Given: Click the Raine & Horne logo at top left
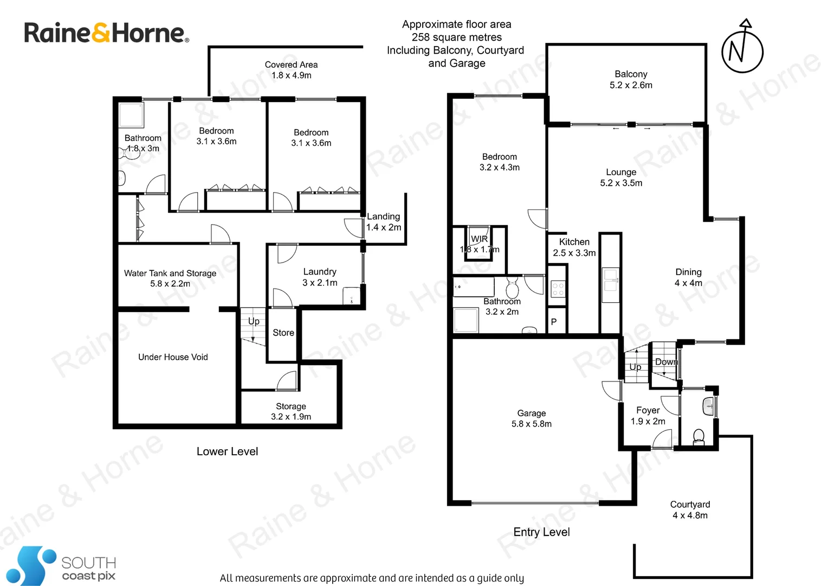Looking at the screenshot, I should point(106,33).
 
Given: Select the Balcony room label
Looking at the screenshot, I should point(631,79).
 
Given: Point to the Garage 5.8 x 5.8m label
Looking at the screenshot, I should point(531,418).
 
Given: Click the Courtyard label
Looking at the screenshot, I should point(690,509).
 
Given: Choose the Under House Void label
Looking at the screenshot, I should point(173,357).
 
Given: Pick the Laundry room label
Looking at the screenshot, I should point(320,277).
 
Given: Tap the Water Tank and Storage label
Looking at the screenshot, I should point(170,278).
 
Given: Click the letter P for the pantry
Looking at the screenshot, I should point(554,322).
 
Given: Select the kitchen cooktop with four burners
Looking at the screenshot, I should point(558,289).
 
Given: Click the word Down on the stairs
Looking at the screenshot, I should point(666,362).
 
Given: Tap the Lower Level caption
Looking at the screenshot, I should point(227,451).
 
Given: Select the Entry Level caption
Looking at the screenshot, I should point(541,532).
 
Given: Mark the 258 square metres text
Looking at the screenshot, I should point(456,37).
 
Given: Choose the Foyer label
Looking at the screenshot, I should point(648,416).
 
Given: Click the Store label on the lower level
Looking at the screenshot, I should point(283,333).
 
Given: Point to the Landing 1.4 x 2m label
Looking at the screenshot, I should point(384,222).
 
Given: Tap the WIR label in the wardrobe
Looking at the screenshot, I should point(479,239).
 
